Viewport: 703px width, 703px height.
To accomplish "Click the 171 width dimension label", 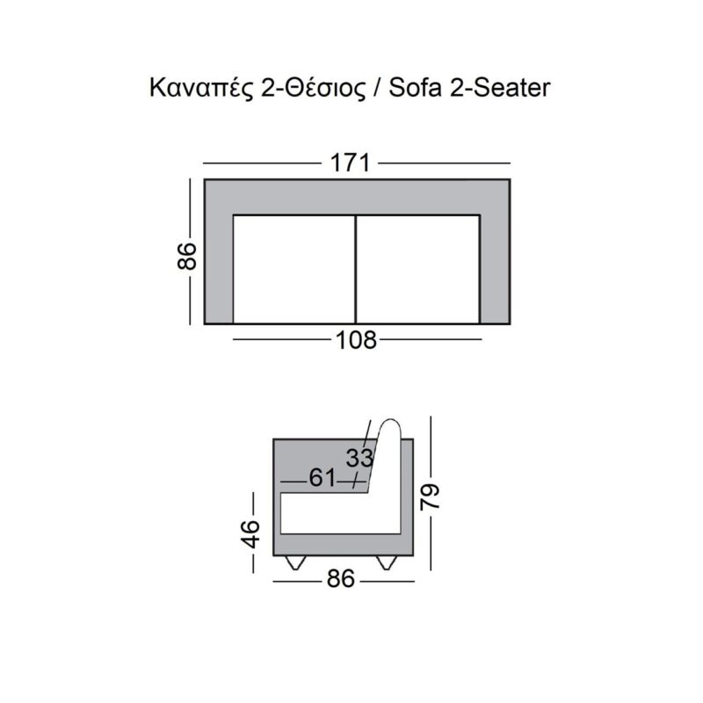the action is (350, 163).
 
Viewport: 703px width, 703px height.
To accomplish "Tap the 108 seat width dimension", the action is (357, 340).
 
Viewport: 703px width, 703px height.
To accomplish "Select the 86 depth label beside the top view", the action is (187, 256).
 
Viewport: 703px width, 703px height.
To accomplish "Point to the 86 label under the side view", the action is (341, 579).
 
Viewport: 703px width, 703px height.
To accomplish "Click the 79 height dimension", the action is (431, 496).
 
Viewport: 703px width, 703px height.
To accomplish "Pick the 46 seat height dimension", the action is (250, 534).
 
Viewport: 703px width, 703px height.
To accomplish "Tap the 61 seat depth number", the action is (323, 478).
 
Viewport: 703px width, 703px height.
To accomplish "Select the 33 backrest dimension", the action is (359, 458).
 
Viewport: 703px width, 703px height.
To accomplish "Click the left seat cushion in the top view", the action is (294, 270).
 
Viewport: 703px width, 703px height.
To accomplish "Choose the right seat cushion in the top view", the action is (418, 270).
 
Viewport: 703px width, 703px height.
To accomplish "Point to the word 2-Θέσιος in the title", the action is (313, 89).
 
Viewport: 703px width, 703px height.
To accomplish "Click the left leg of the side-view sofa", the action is (295, 562).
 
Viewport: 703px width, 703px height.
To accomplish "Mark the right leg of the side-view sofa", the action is (387, 562).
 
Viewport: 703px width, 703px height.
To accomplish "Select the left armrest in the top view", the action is (219, 270).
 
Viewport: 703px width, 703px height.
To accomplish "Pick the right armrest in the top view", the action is (495, 270).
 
